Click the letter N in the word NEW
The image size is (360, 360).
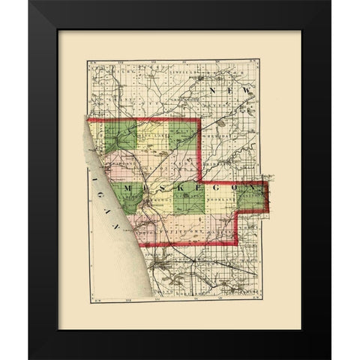(x=214, y=91)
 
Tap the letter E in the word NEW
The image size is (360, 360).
(x=228, y=91)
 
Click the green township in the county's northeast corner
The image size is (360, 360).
(x=182, y=135)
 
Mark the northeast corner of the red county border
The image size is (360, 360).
(x=199, y=118)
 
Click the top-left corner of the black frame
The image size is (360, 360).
(x=30, y=1)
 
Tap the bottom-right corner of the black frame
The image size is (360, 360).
(x=330, y=358)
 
